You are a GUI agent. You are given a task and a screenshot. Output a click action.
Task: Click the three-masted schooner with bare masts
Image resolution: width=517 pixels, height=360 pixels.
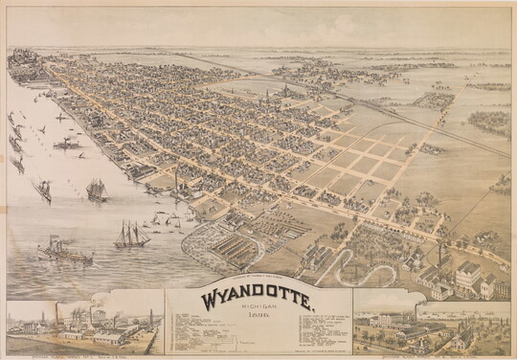[132, 234]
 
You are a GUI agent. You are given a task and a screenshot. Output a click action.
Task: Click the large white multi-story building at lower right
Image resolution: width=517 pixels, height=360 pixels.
[469, 278]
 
